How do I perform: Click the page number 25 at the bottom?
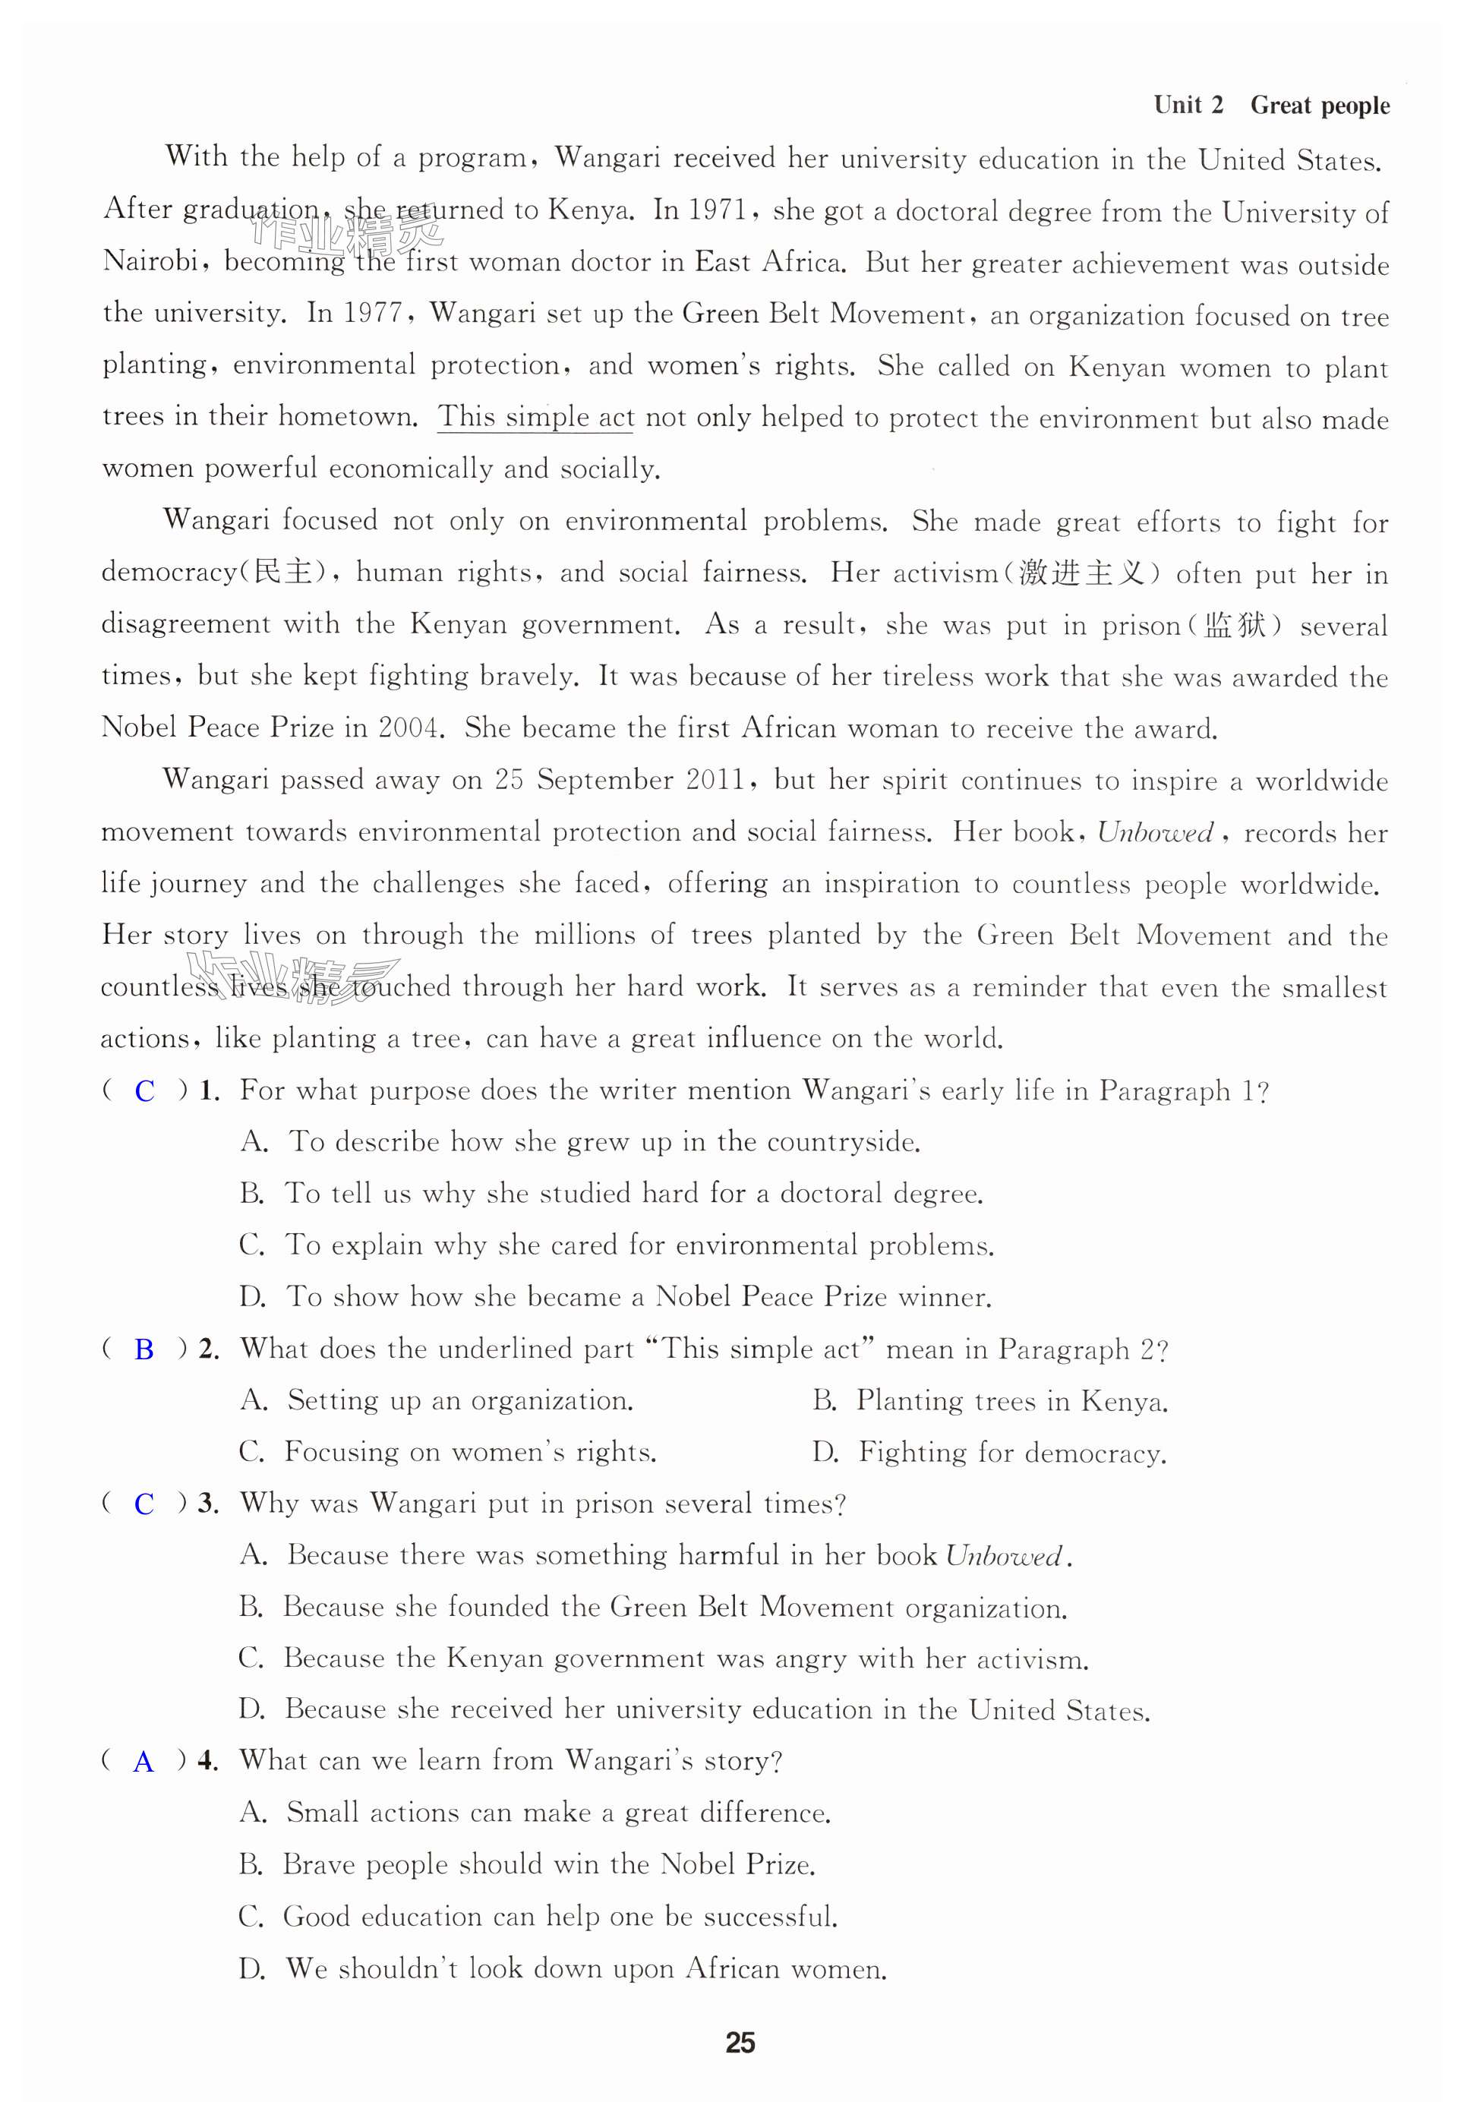click(x=740, y=2043)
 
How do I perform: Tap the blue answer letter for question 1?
click(x=145, y=1091)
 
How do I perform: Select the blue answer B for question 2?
click(x=144, y=1350)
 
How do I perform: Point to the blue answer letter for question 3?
click(x=144, y=1504)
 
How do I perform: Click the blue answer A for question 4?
click(x=143, y=1762)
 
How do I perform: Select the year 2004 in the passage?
click(x=410, y=727)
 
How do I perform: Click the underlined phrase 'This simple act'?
click(x=535, y=417)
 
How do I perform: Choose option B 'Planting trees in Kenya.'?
click(x=991, y=1401)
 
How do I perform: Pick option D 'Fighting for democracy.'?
click(x=989, y=1453)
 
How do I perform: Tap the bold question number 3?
click(x=207, y=1504)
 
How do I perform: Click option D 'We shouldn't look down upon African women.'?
click(x=564, y=1968)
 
